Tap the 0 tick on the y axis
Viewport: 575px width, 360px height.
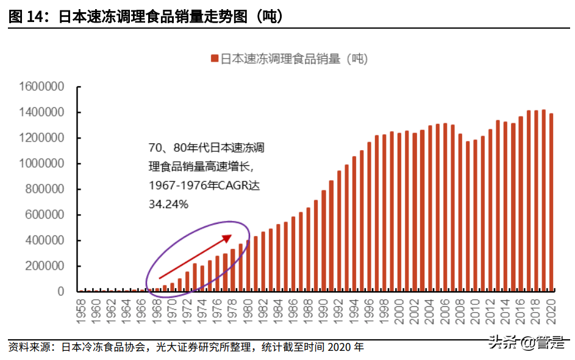tap(61, 292)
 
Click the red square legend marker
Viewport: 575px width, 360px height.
tap(214, 59)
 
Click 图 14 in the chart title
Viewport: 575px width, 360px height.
tap(24, 18)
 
